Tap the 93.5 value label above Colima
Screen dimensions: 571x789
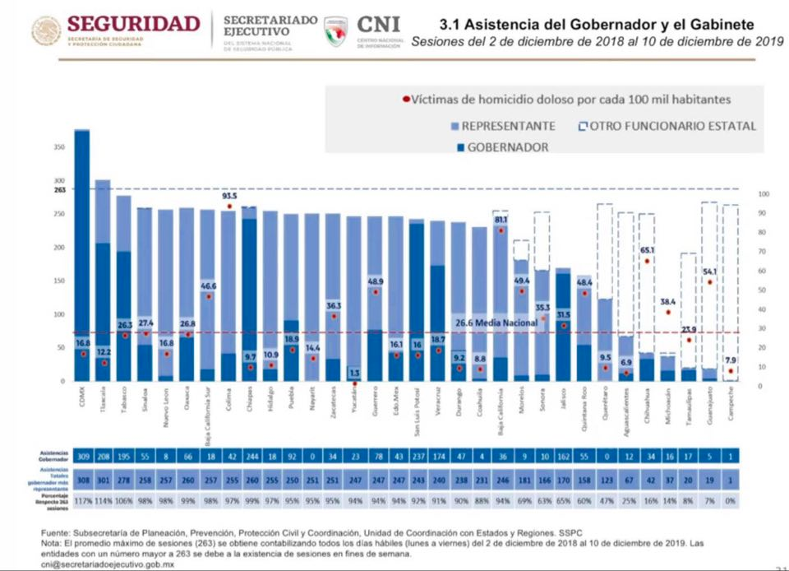coord(229,197)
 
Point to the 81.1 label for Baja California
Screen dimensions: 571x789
coord(501,221)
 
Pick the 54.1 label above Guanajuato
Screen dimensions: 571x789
coord(709,272)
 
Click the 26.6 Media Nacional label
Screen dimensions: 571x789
coord(493,323)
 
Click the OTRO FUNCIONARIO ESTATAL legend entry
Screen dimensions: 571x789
coord(673,126)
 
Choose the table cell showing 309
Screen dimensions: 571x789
coord(82,456)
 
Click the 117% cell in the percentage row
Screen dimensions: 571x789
coord(82,500)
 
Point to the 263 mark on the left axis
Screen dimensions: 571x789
coord(60,189)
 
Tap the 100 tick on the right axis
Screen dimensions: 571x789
coord(764,194)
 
